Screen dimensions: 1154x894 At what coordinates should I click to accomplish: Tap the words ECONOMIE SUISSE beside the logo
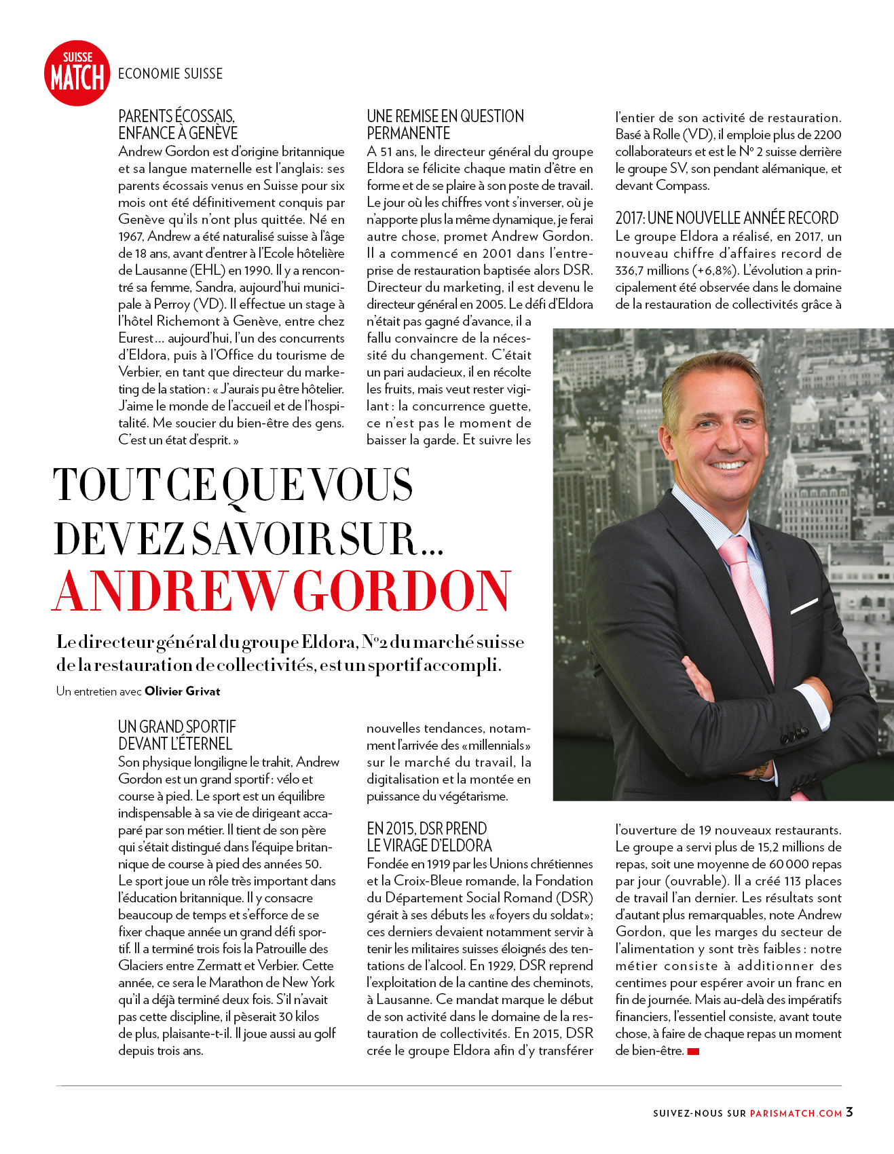click(170, 74)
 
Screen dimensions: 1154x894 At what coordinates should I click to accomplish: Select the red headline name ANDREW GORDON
click(281, 592)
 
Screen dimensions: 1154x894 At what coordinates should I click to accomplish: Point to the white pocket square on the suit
click(804, 605)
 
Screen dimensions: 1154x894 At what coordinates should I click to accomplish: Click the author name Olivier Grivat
click(183, 691)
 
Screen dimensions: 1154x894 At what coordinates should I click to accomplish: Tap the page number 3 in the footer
click(849, 1112)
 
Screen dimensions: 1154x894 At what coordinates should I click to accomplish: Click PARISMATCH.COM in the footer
click(796, 1113)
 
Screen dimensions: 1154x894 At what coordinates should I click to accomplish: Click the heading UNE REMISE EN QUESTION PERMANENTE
click(445, 125)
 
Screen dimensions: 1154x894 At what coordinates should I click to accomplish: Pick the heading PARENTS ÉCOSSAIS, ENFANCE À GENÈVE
click(178, 125)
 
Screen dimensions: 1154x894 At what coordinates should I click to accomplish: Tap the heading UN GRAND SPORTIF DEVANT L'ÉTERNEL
click(176, 735)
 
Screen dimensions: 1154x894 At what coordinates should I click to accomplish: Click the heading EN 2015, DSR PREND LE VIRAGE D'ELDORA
click(429, 837)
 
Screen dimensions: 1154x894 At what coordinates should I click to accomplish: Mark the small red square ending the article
click(693, 1052)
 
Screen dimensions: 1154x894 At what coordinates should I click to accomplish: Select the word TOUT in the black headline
click(106, 485)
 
